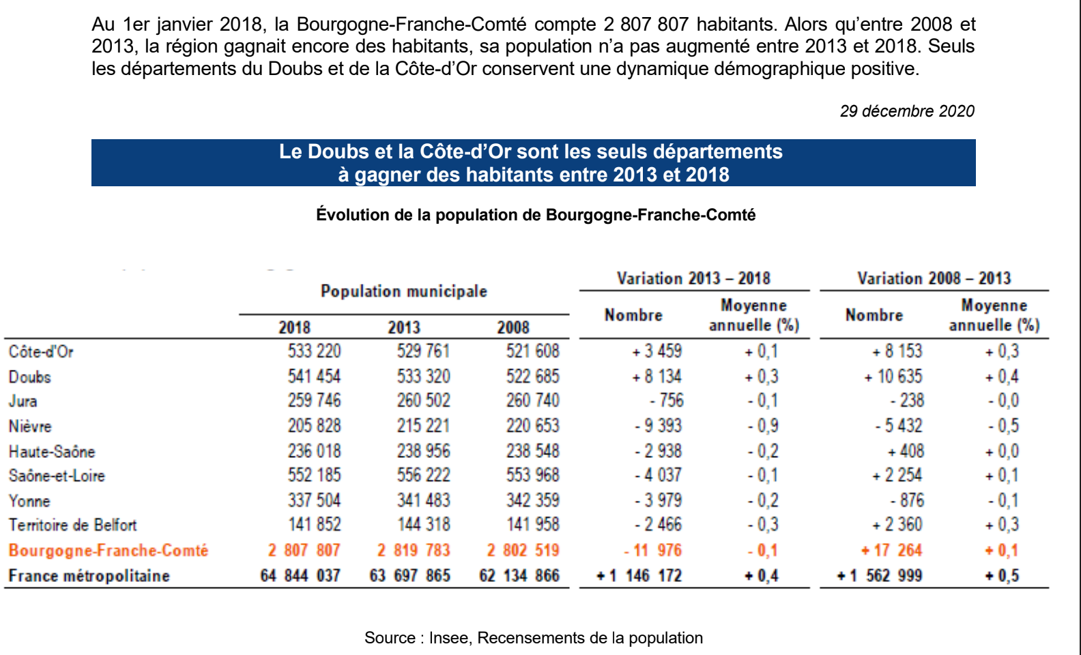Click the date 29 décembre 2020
tap(907, 111)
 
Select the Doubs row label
tap(30, 377)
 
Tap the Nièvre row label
tap(30, 426)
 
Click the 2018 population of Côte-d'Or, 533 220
tap(314, 351)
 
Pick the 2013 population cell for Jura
tap(423, 401)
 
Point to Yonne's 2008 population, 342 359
tap(532, 500)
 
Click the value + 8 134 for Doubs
tap(657, 377)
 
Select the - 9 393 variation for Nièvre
tap(658, 426)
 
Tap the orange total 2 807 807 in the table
tap(304, 551)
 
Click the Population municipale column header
tap(404, 291)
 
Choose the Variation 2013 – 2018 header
tap(693, 278)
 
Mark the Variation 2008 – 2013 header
tap(934, 278)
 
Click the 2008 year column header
tap(513, 327)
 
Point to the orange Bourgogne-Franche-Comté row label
tap(109, 551)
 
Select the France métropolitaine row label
tap(89, 576)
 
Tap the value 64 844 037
tap(300, 576)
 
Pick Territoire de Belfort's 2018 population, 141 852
tap(314, 525)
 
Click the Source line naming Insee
tap(533, 638)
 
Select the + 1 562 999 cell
tap(880, 576)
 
